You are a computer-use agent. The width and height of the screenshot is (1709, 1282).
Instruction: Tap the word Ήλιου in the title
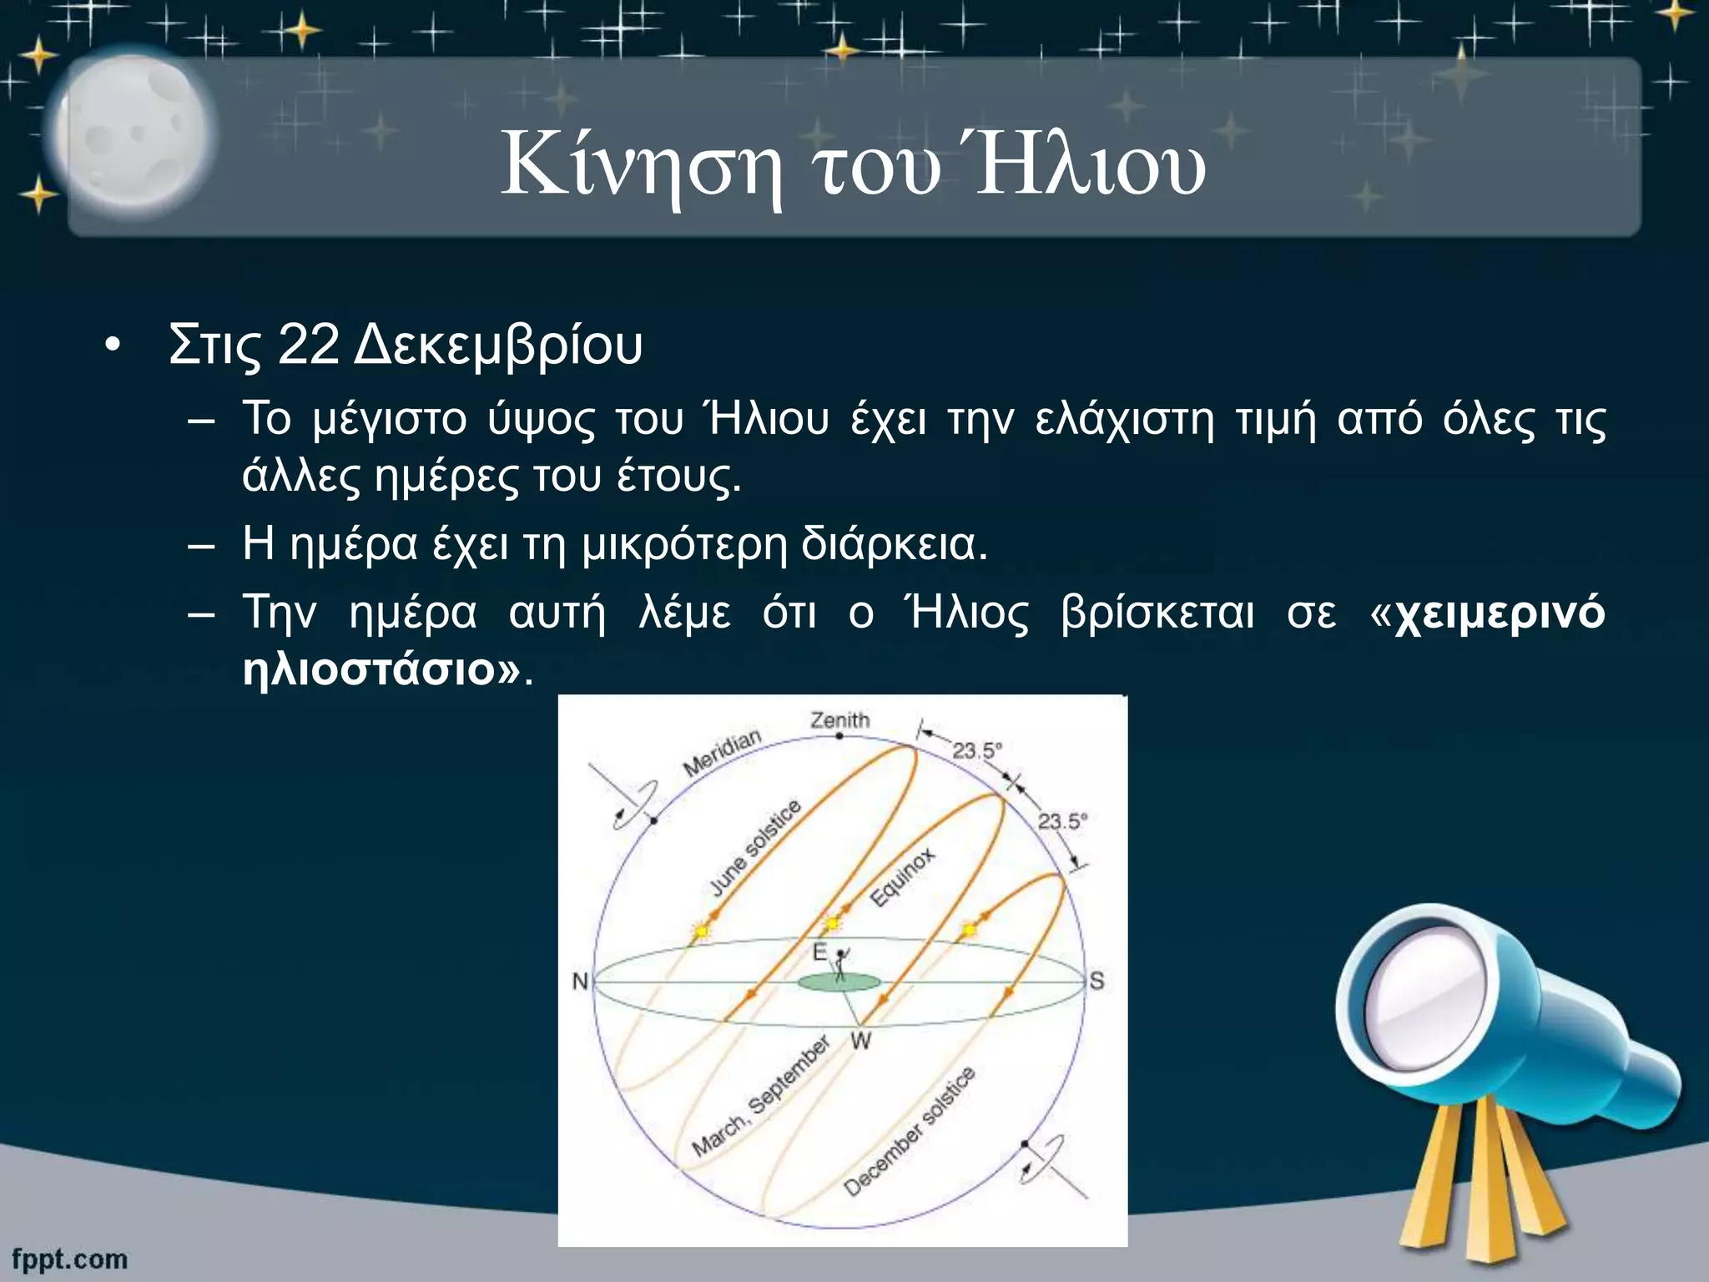click(1090, 167)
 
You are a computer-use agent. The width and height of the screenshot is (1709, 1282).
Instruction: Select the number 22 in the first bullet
click(308, 344)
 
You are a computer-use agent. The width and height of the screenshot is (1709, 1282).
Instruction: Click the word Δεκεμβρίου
click(498, 346)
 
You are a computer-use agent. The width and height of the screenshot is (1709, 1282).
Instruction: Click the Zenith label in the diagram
click(839, 719)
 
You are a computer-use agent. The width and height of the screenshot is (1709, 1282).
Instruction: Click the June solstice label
click(756, 847)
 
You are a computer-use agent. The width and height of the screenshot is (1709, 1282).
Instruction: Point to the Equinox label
click(902, 877)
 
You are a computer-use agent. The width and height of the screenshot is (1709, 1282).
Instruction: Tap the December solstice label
click(909, 1132)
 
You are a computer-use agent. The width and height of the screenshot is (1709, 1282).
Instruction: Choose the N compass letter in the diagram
click(580, 982)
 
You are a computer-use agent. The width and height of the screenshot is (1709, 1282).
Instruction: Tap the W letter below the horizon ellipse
click(860, 1041)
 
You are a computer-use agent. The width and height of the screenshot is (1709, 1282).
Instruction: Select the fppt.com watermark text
click(70, 1259)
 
